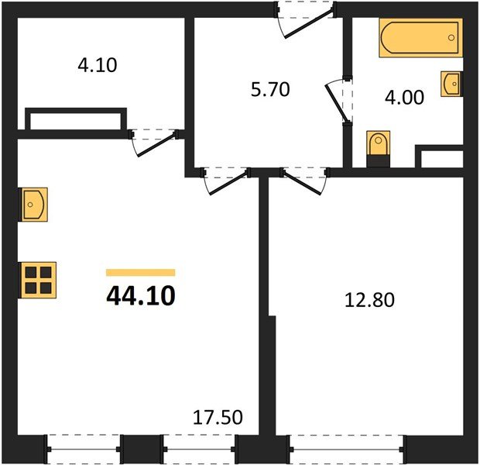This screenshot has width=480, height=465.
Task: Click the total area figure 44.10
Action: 141,295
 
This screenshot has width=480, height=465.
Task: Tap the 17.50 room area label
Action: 218,418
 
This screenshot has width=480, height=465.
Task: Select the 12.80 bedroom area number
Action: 369,299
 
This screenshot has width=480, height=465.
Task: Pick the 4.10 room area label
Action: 97,66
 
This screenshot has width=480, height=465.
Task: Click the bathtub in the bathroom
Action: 419,40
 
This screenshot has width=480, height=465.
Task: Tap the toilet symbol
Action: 377,146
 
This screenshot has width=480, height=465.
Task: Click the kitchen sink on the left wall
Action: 34,204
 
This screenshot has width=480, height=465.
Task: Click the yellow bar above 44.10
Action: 140,273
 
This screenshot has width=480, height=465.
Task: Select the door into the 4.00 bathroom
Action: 339,100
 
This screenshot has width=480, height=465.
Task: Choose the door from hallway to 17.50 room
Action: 225,181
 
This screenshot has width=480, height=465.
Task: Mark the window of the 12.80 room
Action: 346,448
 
